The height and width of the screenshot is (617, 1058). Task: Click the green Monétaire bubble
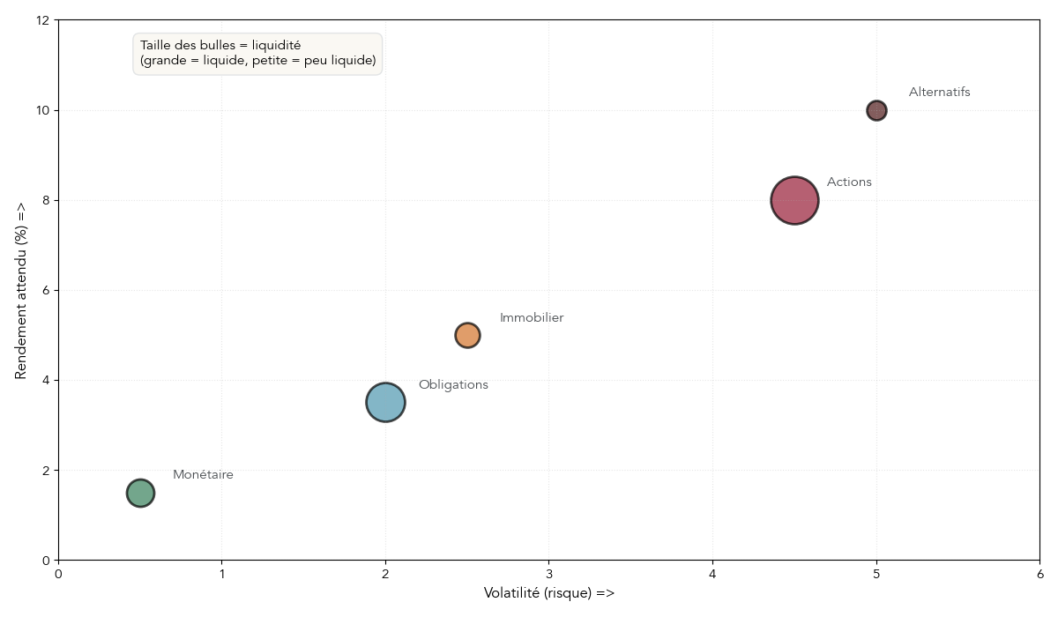pyautogui.click(x=140, y=493)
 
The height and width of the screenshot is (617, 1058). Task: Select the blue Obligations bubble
pyautogui.click(x=385, y=403)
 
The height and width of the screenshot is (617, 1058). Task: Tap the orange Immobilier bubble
pyautogui.click(x=467, y=335)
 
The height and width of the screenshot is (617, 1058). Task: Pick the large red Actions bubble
pyautogui.click(x=794, y=200)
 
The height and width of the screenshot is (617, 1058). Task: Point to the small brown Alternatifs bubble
pyautogui.click(x=876, y=110)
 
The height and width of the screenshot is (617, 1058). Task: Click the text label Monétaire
pyautogui.click(x=203, y=475)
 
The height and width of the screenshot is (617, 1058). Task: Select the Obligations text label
pyautogui.click(x=453, y=385)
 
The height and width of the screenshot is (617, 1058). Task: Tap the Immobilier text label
pyautogui.click(x=532, y=318)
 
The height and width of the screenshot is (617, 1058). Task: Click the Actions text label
pyautogui.click(x=849, y=182)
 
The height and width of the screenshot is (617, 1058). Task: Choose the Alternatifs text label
pyautogui.click(x=939, y=93)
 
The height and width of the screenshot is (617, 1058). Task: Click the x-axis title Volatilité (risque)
pyautogui.click(x=548, y=593)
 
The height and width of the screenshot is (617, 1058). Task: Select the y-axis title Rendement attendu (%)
pyautogui.click(x=21, y=290)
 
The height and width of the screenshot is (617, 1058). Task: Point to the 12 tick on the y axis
pyautogui.click(x=42, y=20)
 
